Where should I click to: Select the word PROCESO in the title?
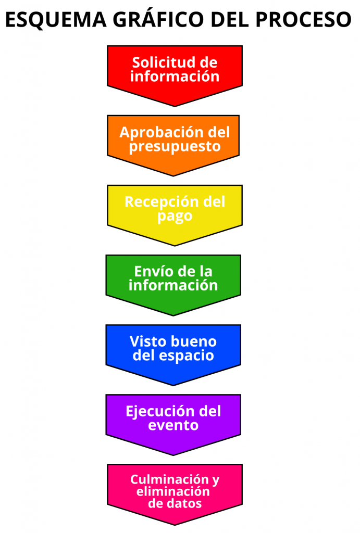coord(303,19)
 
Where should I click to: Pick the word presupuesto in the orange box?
coord(175,146)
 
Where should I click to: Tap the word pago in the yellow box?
coord(175,217)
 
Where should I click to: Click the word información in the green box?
coord(173,285)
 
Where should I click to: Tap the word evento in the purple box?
coord(173,425)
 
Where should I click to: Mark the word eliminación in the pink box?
coord(173,491)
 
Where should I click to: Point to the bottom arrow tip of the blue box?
coord(173,385)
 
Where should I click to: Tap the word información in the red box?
coord(175,77)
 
